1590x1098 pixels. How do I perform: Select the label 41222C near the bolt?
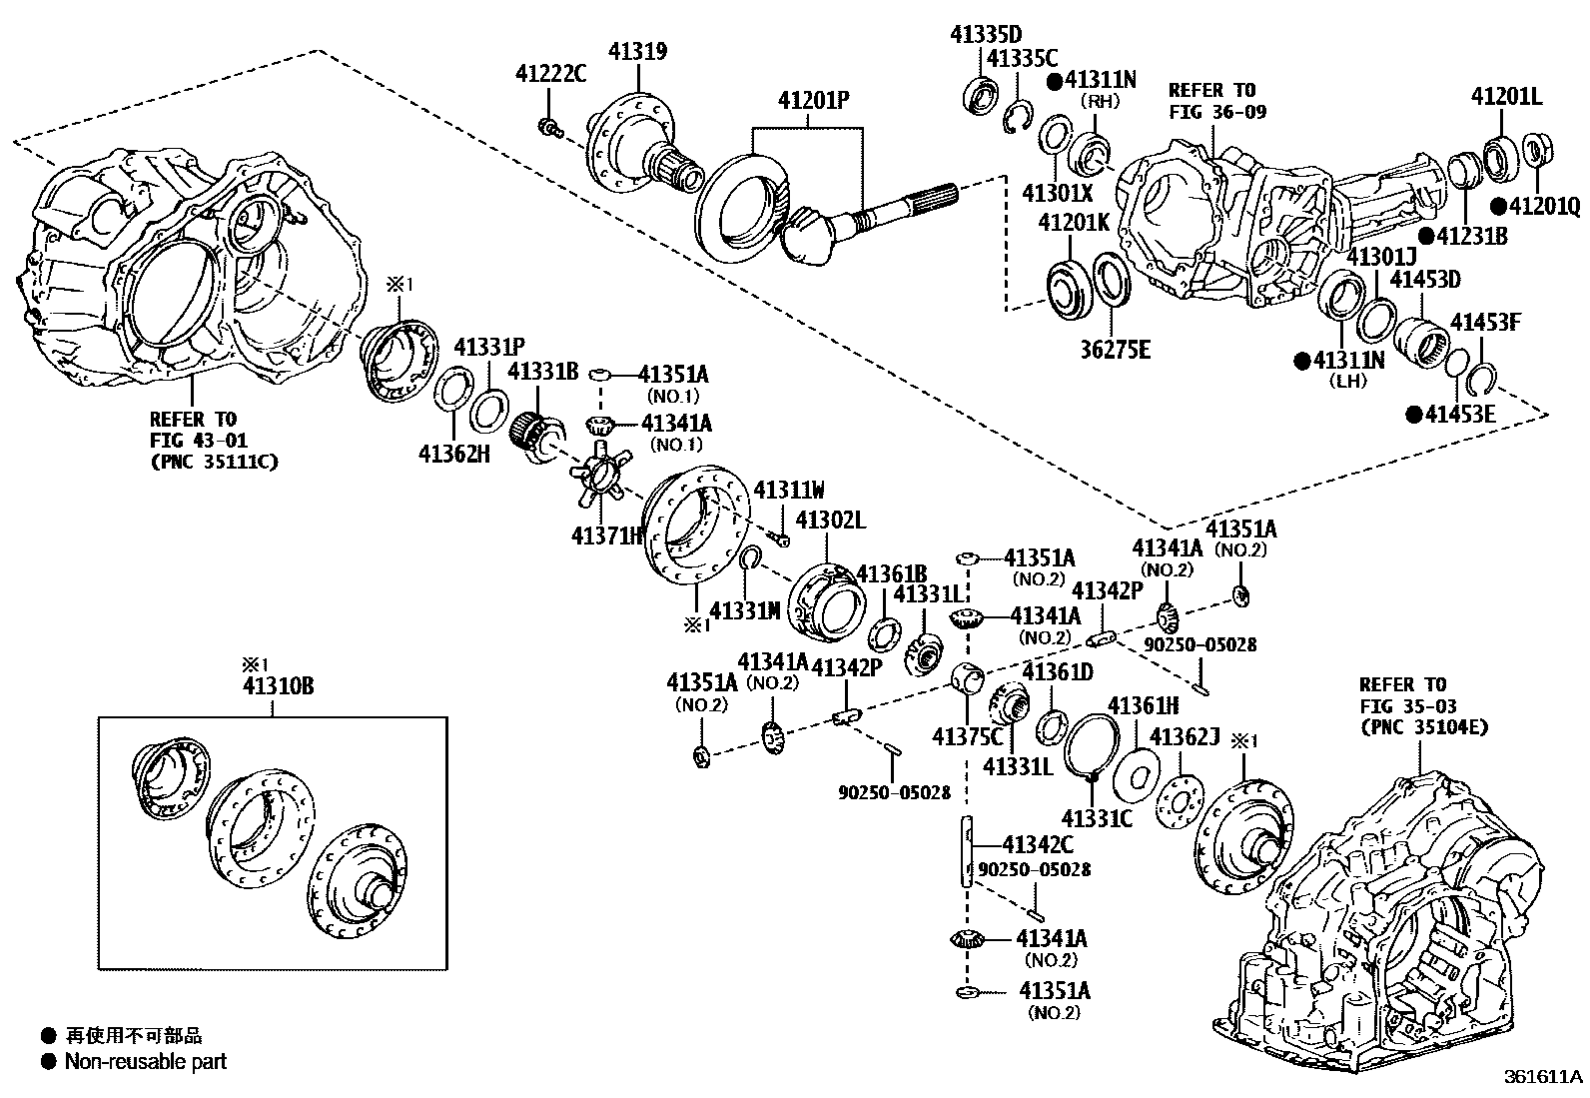(x=551, y=73)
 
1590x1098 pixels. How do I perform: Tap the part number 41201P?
(x=813, y=101)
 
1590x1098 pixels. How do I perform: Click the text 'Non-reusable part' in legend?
(x=146, y=1061)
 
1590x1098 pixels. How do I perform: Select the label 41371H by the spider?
(x=607, y=536)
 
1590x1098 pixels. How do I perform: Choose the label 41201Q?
(x=1544, y=206)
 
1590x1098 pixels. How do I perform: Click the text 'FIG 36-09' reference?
(x=1216, y=111)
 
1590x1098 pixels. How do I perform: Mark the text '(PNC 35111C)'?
(x=214, y=461)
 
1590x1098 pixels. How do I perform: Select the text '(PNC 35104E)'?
(x=1423, y=727)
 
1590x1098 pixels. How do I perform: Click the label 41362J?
(x=1186, y=736)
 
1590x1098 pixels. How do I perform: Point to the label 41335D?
(x=987, y=34)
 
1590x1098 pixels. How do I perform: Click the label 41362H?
(x=454, y=453)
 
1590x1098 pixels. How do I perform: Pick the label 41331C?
(x=1096, y=817)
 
